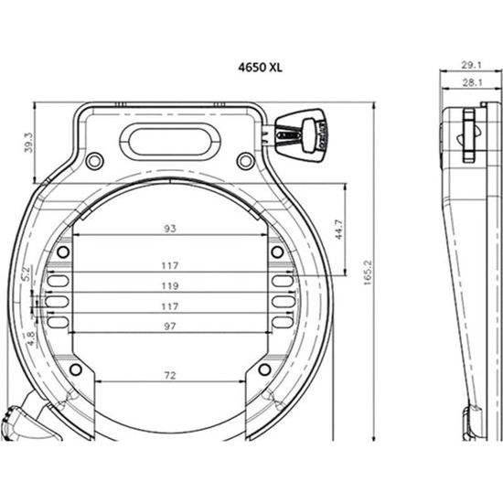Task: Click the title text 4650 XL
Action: [261, 68]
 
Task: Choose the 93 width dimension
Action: [169, 228]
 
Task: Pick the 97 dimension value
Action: [169, 326]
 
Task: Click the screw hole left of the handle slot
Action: [93, 162]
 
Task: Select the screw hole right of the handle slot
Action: [244, 162]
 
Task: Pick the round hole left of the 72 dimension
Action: [76, 369]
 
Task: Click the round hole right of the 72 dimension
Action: [263, 369]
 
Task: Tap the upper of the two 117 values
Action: [169, 265]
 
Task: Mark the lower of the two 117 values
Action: [169, 305]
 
